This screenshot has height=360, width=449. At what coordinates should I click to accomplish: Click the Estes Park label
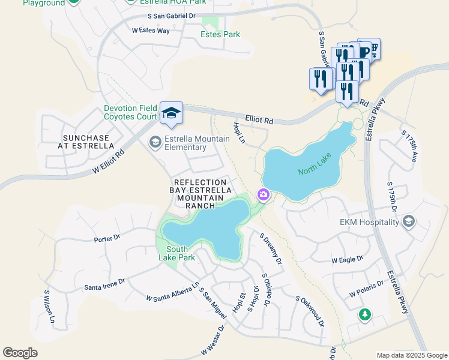220,34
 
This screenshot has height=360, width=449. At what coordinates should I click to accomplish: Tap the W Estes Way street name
151,31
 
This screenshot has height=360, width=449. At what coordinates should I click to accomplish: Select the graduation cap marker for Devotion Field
171,113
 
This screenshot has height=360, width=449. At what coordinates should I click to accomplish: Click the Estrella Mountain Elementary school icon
155,142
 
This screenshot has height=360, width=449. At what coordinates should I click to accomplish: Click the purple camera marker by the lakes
263,194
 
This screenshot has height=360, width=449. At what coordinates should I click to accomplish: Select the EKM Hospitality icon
409,222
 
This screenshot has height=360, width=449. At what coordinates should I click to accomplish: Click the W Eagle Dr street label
348,259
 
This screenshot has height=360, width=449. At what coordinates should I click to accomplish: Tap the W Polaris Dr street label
367,289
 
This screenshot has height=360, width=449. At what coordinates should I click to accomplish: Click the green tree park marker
364,314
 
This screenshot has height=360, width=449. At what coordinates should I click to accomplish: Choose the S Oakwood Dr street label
310,310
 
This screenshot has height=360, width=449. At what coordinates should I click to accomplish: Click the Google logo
20,353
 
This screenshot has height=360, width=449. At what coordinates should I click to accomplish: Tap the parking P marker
367,49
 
